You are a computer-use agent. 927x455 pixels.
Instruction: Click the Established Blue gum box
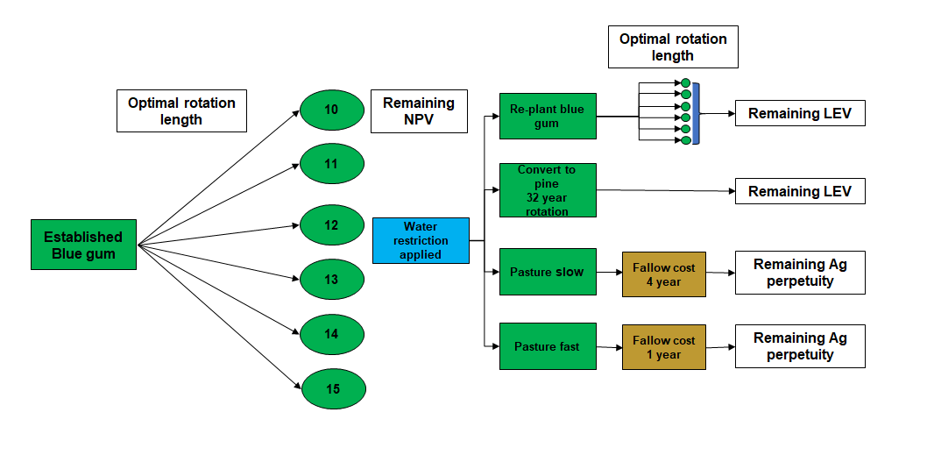click(x=83, y=245)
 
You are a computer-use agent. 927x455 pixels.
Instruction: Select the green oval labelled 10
click(x=332, y=110)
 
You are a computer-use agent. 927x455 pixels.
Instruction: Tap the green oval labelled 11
click(x=332, y=164)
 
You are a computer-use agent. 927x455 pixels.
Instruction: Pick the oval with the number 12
click(x=332, y=225)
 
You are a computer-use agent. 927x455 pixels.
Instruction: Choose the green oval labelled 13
click(x=332, y=280)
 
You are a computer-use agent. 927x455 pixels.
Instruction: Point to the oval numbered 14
click(x=332, y=334)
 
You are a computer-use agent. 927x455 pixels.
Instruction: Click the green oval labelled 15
click(x=332, y=389)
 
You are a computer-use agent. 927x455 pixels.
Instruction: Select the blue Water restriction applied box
click(x=421, y=240)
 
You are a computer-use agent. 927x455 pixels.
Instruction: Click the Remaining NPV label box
click(x=419, y=111)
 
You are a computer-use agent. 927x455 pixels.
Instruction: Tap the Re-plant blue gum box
click(x=547, y=116)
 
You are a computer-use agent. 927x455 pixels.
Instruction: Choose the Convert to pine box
click(x=547, y=190)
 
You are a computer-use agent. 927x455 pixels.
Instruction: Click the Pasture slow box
click(x=547, y=273)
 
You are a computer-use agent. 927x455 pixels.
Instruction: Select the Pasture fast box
click(x=547, y=347)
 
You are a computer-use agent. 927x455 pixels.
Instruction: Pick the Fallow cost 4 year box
click(x=663, y=274)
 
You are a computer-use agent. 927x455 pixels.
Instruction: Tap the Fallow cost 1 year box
click(x=663, y=347)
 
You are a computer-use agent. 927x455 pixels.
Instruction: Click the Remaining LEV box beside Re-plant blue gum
click(x=799, y=114)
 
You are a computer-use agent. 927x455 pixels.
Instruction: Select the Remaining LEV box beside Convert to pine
click(x=799, y=192)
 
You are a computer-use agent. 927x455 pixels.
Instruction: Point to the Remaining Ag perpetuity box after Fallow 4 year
click(x=799, y=274)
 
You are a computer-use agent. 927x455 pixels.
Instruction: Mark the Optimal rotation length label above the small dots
click(x=673, y=47)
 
